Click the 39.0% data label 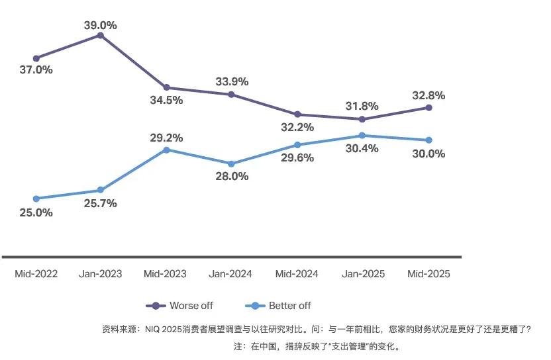tap(101, 25)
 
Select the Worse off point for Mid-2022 tap(36, 58)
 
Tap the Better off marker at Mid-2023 tap(166, 150)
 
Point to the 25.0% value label tap(36, 212)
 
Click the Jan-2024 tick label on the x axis tap(231, 274)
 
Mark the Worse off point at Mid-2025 tap(428, 107)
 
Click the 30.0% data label tap(428, 154)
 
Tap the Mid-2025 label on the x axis tap(428, 274)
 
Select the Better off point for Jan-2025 tap(362, 136)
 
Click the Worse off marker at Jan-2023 tap(101, 35)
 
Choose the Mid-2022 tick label tap(36, 274)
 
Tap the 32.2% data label tap(297, 127)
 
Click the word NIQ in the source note tap(154, 328)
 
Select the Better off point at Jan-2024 tap(231, 163)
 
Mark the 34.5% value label tap(166, 101)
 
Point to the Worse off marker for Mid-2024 tap(297, 114)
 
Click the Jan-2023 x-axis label tap(101, 274)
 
